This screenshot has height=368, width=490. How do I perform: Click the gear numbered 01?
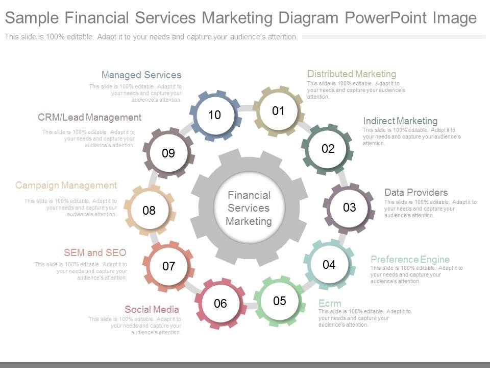[278, 111]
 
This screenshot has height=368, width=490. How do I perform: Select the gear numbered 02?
[328, 149]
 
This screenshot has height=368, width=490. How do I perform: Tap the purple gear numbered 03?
[349, 207]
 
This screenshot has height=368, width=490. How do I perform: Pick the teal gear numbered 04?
[329, 264]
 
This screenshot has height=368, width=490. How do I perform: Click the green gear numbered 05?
[279, 301]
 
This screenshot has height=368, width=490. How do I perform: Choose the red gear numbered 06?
[220, 304]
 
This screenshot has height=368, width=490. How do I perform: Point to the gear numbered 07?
[169, 266]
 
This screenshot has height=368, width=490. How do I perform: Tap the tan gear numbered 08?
[149, 210]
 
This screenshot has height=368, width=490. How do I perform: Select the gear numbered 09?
[168, 153]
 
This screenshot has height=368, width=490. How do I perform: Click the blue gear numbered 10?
[214, 115]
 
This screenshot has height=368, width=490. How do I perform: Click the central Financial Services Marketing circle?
[249, 208]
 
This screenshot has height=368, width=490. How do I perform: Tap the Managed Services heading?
[141, 75]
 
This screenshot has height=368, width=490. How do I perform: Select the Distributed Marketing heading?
[352, 74]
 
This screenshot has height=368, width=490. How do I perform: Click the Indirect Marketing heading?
[400, 121]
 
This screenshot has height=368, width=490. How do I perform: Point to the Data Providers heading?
[416, 193]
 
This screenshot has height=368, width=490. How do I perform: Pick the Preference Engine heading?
[410, 259]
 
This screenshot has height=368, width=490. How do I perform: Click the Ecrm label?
[330, 304]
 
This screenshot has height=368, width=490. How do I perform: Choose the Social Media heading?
[152, 309]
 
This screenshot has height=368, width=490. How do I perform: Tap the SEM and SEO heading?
[95, 252]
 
